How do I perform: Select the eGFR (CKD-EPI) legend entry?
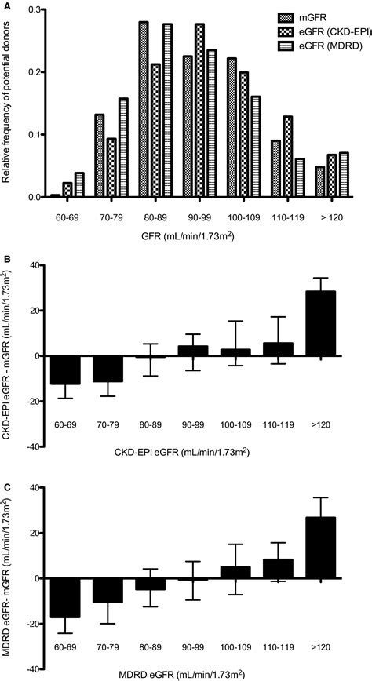click(x=324, y=31)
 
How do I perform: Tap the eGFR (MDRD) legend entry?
click(x=321, y=48)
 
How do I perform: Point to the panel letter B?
click(x=6, y=257)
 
